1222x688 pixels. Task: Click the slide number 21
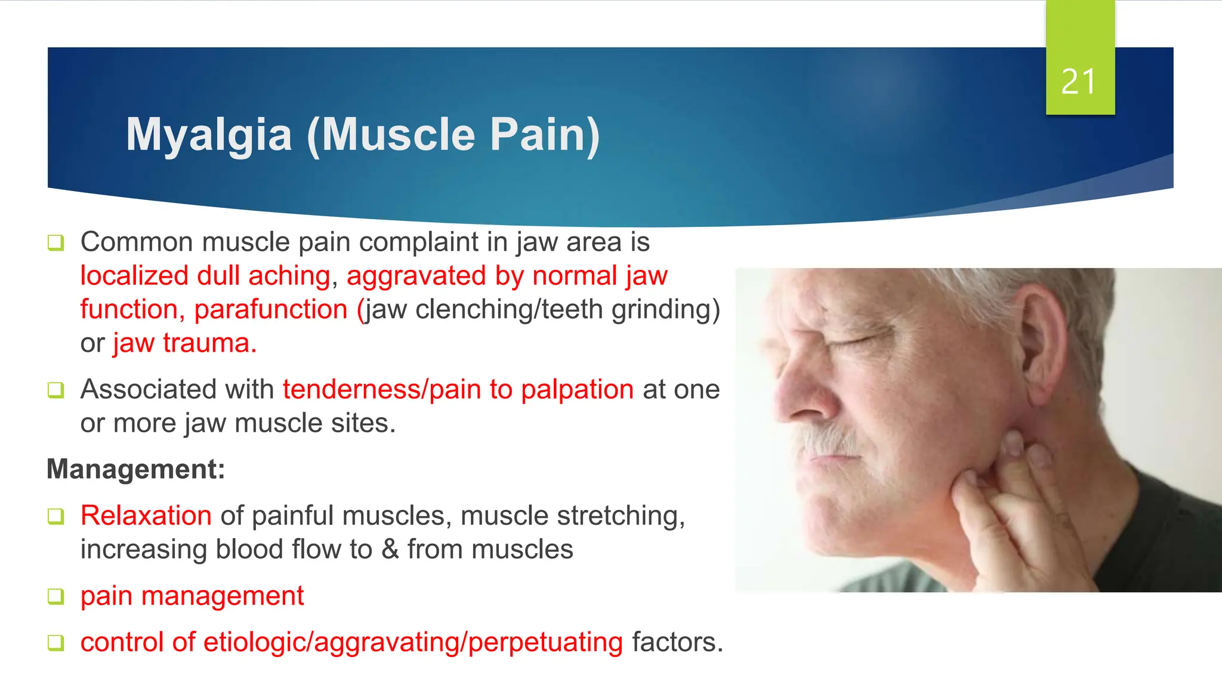click(1079, 82)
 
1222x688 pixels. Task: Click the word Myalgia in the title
click(209, 135)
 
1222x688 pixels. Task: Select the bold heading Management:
click(136, 469)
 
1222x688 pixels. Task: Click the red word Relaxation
click(146, 515)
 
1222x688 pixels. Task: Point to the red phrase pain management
click(192, 596)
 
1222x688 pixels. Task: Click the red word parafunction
click(271, 309)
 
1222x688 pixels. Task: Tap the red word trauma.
click(209, 343)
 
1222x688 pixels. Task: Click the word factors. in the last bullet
click(677, 642)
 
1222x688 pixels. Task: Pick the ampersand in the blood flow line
click(390, 549)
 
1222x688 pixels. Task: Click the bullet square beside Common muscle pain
click(55, 243)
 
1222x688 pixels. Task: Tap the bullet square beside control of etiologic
click(55, 643)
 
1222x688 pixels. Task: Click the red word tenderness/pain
click(382, 389)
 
